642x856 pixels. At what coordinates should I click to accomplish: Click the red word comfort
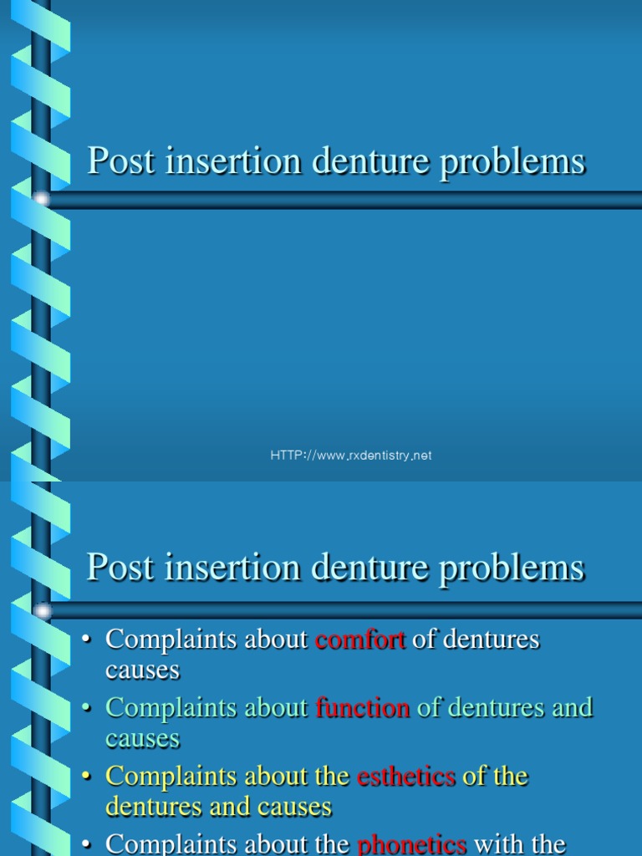(359, 640)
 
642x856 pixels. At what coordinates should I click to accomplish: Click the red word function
(363, 708)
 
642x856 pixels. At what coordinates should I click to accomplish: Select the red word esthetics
(405, 777)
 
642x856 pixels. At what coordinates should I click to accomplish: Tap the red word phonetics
(411, 844)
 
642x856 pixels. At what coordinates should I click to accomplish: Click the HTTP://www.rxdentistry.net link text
(351, 456)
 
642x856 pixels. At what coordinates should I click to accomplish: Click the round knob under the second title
(41, 611)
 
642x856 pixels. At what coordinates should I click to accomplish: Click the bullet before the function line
(86, 709)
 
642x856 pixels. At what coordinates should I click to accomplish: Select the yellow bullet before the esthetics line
(86, 777)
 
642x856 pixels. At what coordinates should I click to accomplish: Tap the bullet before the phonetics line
(86, 845)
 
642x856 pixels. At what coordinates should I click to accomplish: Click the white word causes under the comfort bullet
(142, 670)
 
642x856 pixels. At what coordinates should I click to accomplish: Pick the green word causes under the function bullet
(142, 739)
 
